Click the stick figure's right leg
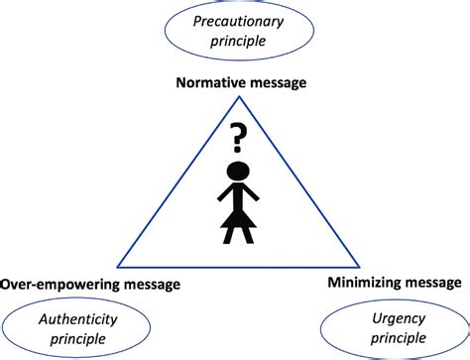coord(245,236)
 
